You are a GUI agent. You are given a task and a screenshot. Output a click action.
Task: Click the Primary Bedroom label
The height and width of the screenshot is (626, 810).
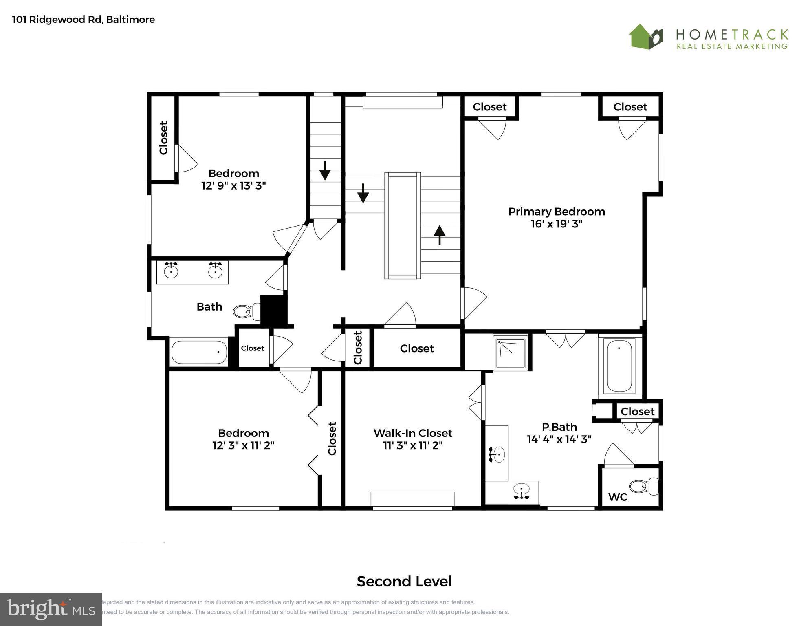point(556,212)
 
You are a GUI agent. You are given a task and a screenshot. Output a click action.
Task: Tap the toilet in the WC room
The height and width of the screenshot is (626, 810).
point(644,486)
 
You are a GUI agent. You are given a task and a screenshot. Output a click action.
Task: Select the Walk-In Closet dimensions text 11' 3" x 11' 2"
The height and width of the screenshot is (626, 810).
point(412,445)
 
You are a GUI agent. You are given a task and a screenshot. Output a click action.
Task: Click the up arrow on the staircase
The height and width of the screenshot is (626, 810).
point(439,235)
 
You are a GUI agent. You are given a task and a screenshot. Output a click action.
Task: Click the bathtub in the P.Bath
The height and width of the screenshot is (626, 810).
point(619,365)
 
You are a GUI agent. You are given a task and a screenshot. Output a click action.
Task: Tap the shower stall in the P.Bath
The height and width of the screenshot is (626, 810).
point(511,353)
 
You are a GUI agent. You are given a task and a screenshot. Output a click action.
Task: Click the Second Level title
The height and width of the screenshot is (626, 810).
point(404,581)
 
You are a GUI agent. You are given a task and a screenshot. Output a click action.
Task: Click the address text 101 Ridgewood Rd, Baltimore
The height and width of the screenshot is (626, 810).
point(84,20)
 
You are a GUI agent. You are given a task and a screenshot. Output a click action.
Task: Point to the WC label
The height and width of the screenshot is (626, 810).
point(617,497)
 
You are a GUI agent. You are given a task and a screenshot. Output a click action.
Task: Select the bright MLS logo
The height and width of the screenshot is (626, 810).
point(51,609)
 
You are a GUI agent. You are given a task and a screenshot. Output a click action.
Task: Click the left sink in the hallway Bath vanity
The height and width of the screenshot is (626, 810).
point(171,270)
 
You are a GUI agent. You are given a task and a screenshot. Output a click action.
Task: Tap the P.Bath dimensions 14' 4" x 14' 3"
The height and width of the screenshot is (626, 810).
point(559,439)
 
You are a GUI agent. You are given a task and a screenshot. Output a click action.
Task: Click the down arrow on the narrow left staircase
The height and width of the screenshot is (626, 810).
point(325,170)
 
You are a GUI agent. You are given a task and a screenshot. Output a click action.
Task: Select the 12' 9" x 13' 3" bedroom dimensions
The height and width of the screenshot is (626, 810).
point(233,186)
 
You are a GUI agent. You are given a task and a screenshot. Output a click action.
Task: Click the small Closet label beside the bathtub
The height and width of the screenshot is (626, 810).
point(252,348)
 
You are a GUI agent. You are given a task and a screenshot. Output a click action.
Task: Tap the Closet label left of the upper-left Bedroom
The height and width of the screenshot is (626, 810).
point(163,138)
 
